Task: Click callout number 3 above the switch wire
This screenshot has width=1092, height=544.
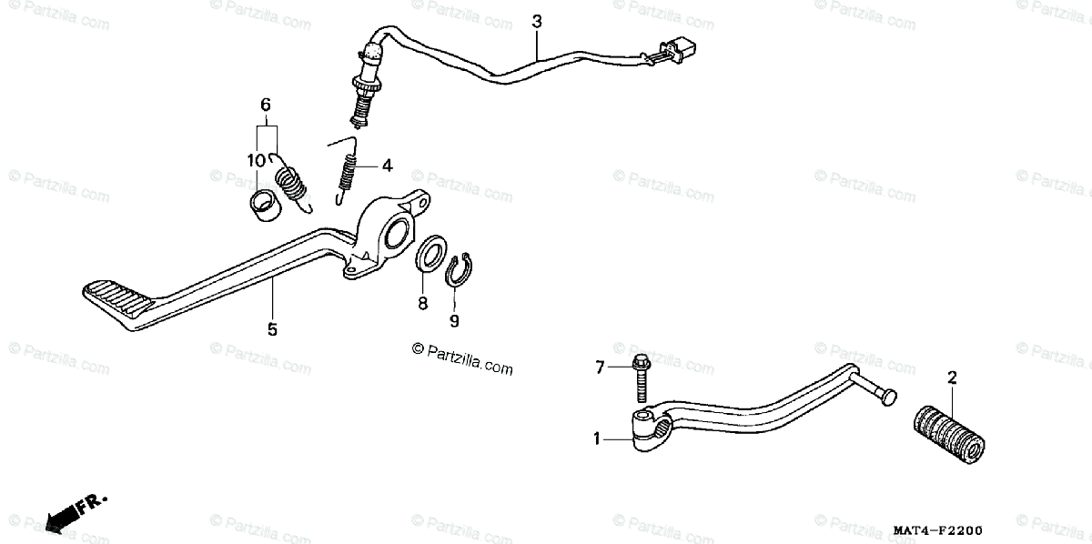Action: (x=537, y=20)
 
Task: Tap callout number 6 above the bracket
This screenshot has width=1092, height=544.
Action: (x=266, y=105)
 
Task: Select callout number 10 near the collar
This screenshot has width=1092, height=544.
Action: (x=256, y=160)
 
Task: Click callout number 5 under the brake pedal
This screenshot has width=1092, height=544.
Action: (x=272, y=329)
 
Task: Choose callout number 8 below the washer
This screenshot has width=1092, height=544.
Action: (x=422, y=304)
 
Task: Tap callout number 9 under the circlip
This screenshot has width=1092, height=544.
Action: (x=454, y=320)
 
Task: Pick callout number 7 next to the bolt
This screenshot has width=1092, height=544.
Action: (x=600, y=368)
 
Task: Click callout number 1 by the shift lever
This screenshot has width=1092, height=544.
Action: (x=597, y=438)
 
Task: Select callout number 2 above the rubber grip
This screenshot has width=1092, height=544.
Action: (x=952, y=377)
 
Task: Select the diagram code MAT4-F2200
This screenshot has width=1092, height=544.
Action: (x=937, y=530)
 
